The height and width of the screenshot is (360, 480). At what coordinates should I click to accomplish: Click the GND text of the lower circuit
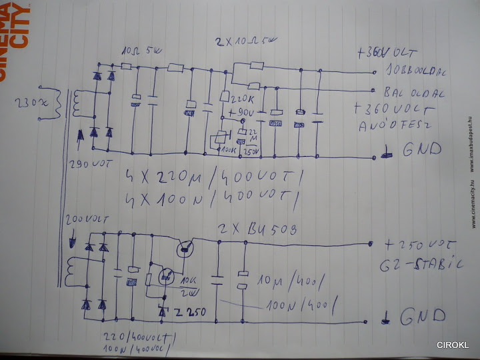click(420, 319)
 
